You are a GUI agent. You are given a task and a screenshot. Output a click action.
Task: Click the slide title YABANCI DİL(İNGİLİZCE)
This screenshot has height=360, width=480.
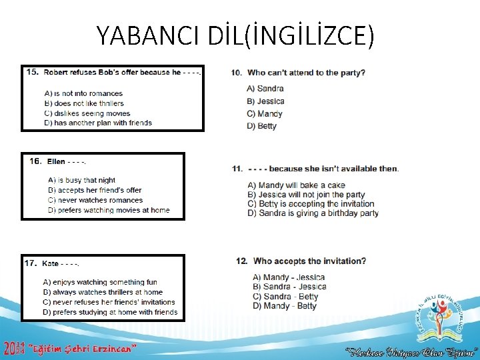click(x=235, y=35)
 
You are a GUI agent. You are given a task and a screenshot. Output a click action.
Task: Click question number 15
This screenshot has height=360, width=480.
click(x=31, y=72)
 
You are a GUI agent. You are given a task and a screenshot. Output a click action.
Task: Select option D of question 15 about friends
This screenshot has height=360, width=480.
click(x=98, y=123)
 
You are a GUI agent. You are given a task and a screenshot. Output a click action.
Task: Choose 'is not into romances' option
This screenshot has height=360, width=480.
click(x=83, y=94)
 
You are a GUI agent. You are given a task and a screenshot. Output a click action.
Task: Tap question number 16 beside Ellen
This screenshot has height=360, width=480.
click(x=35, y=161)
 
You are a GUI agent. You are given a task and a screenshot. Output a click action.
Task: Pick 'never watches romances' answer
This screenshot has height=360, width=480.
click(x=95, y=200)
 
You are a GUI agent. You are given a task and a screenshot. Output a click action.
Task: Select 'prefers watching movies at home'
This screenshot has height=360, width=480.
click(x=109, y=210)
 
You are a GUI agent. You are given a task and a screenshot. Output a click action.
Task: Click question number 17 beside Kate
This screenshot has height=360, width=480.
click(x=31, y=263)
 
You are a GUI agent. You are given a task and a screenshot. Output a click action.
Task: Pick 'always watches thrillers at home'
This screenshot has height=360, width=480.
click(x=103, y=292)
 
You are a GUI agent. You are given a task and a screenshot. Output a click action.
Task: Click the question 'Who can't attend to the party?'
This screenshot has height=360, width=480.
click(x=305, y=73)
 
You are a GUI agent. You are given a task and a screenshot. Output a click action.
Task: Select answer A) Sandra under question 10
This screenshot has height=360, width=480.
click(x=265, y=88)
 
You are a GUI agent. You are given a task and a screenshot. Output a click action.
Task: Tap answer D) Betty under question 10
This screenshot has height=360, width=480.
click(x=261, y=126)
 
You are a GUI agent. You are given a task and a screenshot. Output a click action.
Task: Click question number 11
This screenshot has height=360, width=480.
click(x=237, y=169)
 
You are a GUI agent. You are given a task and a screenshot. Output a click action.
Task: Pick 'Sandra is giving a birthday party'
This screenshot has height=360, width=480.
click(x=313, y=213)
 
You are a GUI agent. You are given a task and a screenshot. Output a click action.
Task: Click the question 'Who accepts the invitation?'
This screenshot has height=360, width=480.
click(x=309, y=261)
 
